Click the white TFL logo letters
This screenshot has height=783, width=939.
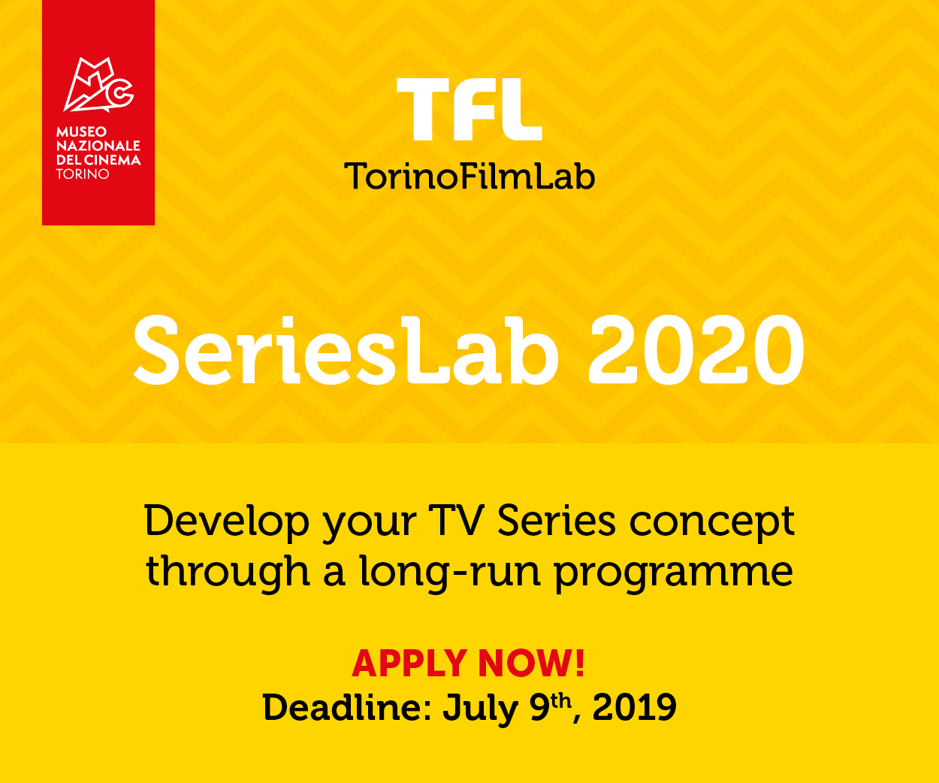pos(469,110)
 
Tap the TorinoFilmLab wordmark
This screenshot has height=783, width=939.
pos(469,176)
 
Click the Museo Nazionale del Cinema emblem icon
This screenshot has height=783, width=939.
pos(98,85)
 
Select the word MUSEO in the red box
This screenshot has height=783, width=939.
pos(81,132)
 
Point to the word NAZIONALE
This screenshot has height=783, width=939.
pos(98,146)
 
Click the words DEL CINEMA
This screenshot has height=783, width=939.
pos(98,160)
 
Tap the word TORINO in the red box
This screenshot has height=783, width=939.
pos(83,174)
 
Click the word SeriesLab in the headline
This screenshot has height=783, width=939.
pos(346,351)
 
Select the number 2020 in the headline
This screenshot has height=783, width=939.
pos(696,351)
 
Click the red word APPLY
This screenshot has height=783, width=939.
pos(409,664)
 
